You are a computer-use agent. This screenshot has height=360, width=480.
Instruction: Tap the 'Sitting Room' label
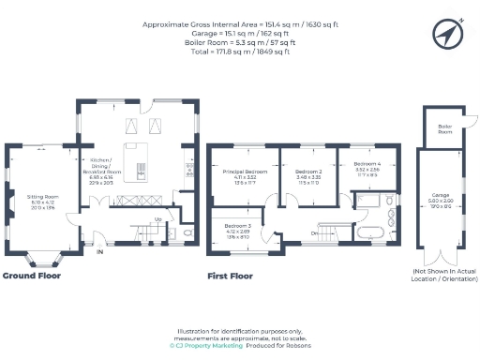tap(41, 198)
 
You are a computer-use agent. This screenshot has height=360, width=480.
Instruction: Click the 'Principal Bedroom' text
tap(244, 172)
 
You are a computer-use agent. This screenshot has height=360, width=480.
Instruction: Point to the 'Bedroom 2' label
tap(308, 172)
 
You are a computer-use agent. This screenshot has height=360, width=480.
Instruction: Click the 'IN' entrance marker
tap(100, 251)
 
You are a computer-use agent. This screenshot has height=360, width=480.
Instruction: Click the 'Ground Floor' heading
tap(33, 276)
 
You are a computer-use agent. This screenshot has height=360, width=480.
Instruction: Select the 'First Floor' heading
tap(230, 276)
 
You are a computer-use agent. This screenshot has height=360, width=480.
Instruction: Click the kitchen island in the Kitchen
tap(141, 160)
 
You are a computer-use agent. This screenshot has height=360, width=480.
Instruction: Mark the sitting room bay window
tap(41, 256)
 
